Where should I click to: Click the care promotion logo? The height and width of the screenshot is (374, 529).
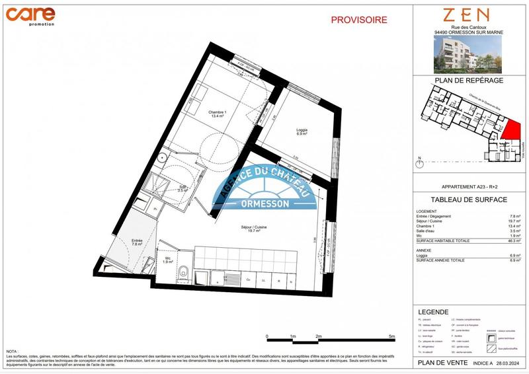click(x=31, y=14)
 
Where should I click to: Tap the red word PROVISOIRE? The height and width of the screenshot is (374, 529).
click(x=359, y=20)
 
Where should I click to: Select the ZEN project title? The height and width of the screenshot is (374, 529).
click(x=466, y=15)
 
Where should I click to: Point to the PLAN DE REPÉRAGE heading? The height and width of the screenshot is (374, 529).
click(x=469, y=80)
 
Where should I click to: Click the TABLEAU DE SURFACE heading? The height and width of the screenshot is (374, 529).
click(x=469, y=200)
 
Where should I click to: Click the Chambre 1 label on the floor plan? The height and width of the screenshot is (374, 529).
click(x=218, y=113)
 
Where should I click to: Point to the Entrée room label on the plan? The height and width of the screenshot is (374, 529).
click(x=137, y=242)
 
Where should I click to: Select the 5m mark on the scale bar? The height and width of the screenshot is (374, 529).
click(x=392, y=336)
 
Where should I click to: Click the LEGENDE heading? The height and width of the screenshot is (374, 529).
click(x=433, y=311)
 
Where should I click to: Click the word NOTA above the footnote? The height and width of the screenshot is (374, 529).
click(x=12, y=352)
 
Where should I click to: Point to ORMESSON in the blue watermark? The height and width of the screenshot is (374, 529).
click(x=264, y=204)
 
